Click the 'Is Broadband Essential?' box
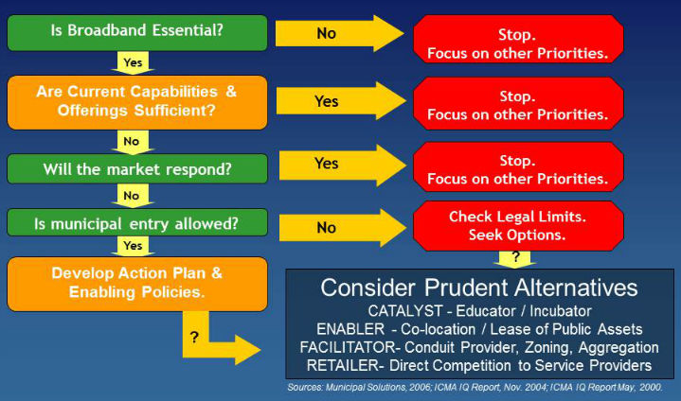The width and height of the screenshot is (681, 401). pyautogui.click(x=137, y=33)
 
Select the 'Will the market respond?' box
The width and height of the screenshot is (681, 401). pyautogui.click(x=137, y=168)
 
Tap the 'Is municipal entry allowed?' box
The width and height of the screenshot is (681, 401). pyautogui.click(x=137, y=223)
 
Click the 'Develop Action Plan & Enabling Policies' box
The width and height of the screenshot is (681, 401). pyautogui.click(x=137, y=284)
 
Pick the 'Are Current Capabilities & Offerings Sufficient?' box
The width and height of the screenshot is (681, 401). pyautogui.click(x=137, y=102)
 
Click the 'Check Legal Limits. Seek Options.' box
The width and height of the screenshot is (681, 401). pyautogui.click(x=518, y=226)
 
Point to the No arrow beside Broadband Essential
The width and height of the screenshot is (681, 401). pyautogui.click(x=340, y=33)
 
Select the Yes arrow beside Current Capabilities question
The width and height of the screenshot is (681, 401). pyautogui.click(x=341, y=101)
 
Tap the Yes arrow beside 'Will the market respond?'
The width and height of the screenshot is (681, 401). pyautogui.click(x=342, y=166)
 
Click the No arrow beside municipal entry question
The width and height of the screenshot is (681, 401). pyautogui.click(x=342, y=228)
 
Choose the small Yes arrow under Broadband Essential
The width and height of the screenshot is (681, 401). pyautogui.click(x=133, y=62)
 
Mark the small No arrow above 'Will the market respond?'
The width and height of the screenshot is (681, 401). pyautogui.click(x=133, y=142)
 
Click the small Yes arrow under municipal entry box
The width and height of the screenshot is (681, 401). pyautogui.click(x=133, y=246)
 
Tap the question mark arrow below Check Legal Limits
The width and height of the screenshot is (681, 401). pyautogui.click(x=515, y=259)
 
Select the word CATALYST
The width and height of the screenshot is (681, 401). pyautogui.click(x=404, y=311)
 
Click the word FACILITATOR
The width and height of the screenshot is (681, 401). pyautogui.click(x=347, y=347)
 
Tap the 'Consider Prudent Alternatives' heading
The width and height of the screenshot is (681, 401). pyautogui.click(x=479, y=288)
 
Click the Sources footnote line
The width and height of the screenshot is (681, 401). pyautogui.click(x=475, y=387)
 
